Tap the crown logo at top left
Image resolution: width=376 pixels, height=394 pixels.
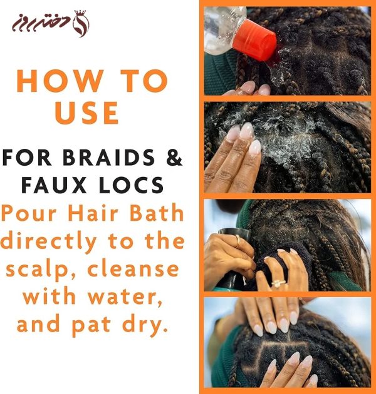click(x=81, y=24)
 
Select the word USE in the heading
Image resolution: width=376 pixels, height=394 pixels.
click(x=86, y=113)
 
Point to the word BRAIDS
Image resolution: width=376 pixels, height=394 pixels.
click(x=108, y=158)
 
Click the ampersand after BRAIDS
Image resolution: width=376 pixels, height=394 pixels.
click(x=174, y=158)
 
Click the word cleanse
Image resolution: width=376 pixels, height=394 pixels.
click(x=133, y=269)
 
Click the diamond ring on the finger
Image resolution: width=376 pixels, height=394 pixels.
click(x=278, y=283)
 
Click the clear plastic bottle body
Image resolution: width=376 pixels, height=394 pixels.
click(x=223, y=28)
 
